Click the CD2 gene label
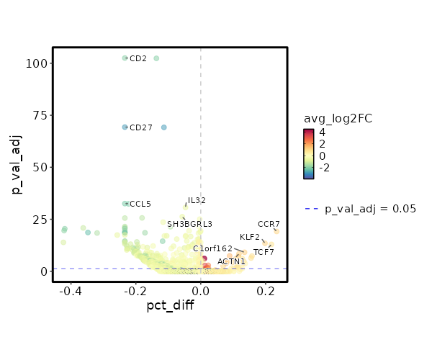pos(138,58)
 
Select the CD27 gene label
pos(141,127)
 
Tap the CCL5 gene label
pos(140,204)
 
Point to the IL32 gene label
pos(197,200)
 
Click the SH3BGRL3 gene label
pos(190,225)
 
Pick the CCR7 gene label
pos(269,225)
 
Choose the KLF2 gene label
pos(250,237)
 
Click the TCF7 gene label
pos(264,253)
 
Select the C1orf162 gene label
pos(212,248)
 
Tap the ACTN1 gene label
pos(231,261)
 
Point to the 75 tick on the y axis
pos(41,115)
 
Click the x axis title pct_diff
pos(170,305)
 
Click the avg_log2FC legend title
pos(338,118)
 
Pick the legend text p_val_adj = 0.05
pos(371,209)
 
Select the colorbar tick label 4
pos(323,132)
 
